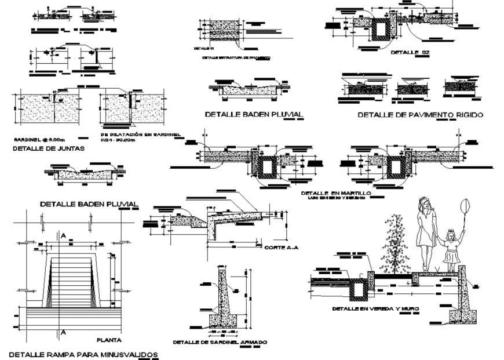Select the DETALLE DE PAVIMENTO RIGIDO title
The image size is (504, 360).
point(420,115)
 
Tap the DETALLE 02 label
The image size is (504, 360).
point(411,53)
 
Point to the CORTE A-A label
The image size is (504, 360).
point(281,248)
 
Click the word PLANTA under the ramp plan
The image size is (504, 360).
point(108,340)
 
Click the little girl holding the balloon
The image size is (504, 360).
point(451,249)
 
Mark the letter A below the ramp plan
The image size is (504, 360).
point(63,332)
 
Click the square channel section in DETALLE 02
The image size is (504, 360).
point(381,30)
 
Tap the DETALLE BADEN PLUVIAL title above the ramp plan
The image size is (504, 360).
point(89,204)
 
